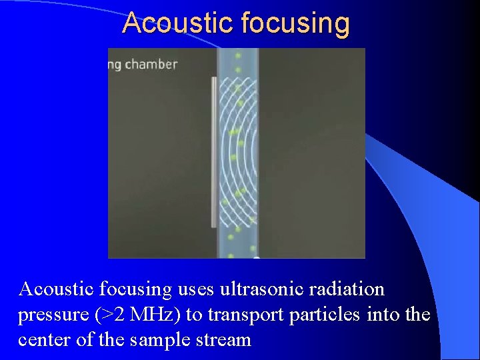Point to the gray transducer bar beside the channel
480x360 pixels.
pos(214,152)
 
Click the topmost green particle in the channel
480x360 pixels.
pos(237,56)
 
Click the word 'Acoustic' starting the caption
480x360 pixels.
pos(57,289)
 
